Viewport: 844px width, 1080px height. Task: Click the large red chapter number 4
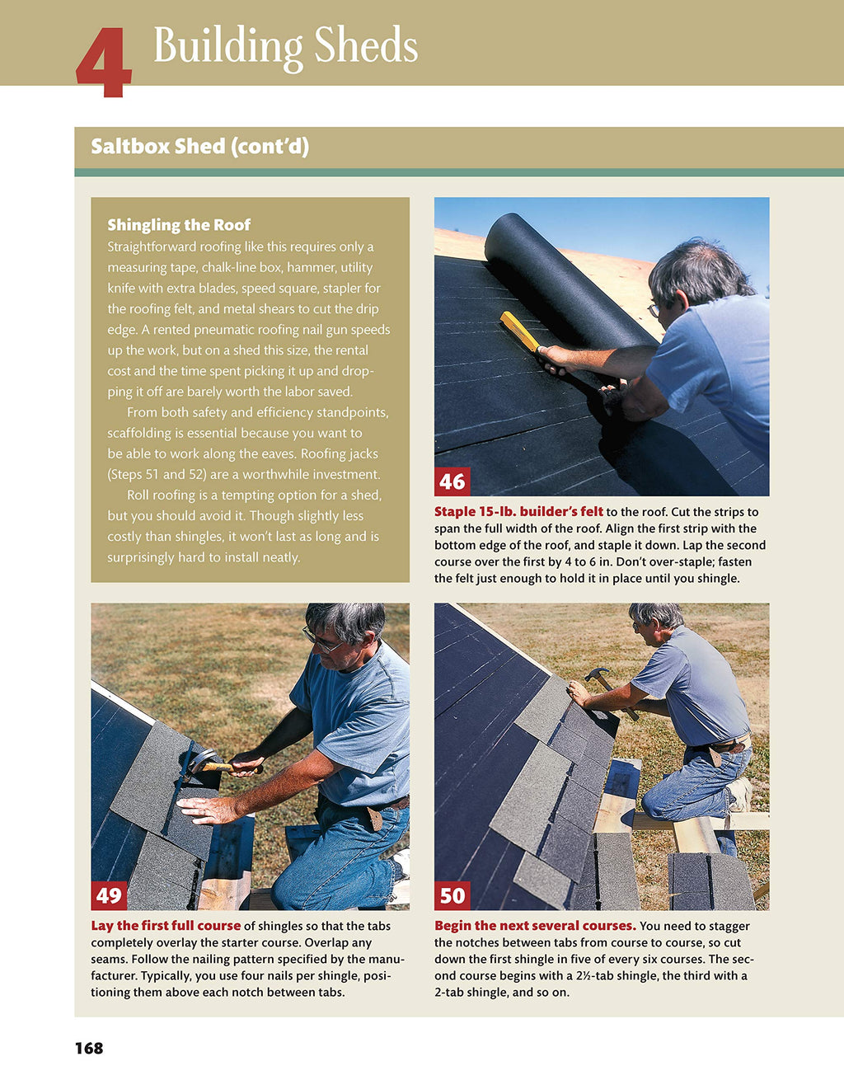tap(103, 62)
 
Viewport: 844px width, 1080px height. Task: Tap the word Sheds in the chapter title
tap(365, 45)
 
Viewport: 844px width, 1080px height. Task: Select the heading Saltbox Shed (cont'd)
tap(199, 147)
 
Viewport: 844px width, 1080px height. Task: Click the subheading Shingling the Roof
tap(179, 225)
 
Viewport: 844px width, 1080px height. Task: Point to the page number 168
tap(89, 1048)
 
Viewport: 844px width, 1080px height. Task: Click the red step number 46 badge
tap(452, 481)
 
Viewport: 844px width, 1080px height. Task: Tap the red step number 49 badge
tap(109, 895)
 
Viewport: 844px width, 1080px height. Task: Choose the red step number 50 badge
tap(452, 895)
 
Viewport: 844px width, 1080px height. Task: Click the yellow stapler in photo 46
tap(521, 332)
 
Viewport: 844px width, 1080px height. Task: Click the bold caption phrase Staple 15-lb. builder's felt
tap(518, 511)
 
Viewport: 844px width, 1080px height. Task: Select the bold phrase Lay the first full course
tap(166, 926)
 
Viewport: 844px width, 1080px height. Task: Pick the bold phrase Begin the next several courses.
tap(535, 926)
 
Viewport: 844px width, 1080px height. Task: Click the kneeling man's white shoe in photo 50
tap(741, 793)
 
